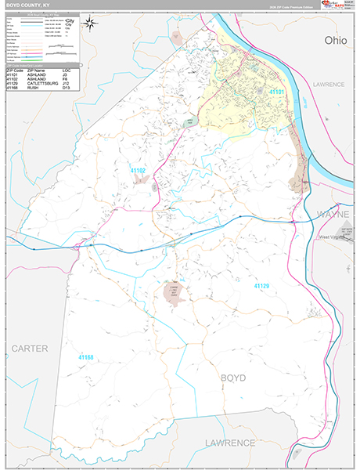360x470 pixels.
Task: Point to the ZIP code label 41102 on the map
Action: click(138, 170)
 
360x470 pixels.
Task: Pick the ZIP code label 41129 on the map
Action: click(262, 287)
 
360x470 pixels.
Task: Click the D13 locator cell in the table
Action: click(65, 88)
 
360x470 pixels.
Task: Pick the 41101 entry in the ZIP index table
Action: click(12, 74)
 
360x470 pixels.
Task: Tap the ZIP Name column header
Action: click(38, 70)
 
